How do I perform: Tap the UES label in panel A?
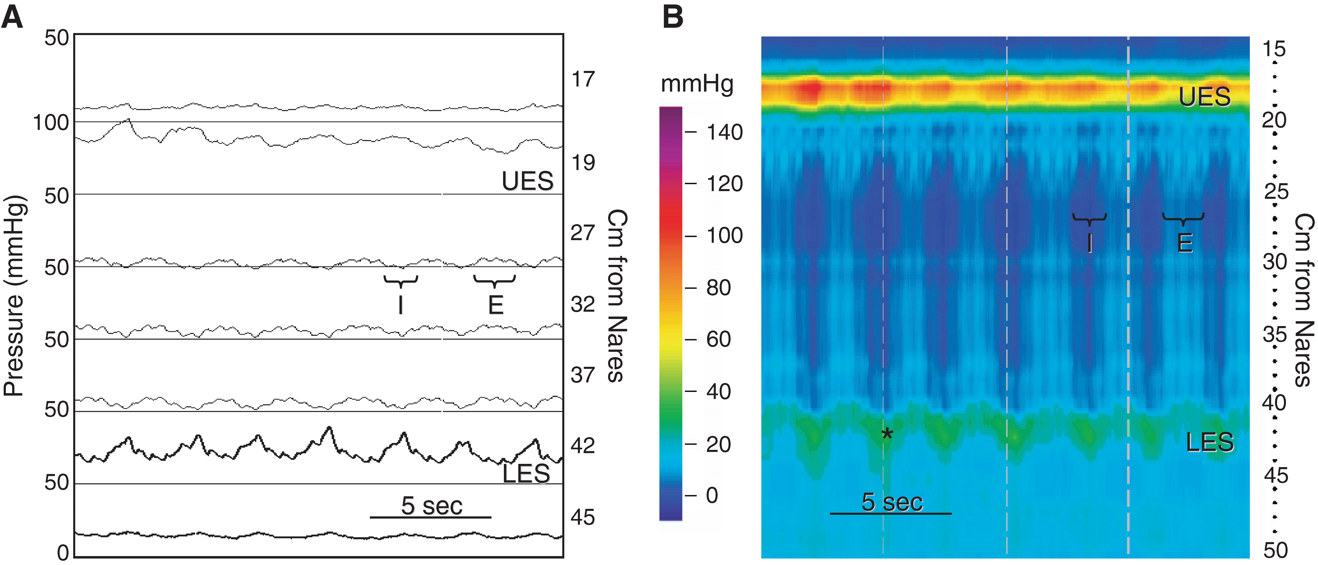pyautogui.click(x=528, y=181)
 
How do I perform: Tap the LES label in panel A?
pyautogui.click(x=526, y=473)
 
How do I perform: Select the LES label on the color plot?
pyautogui.click(x=1210, y=442)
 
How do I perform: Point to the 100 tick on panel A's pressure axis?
pyautogui.click(x=51, y=123)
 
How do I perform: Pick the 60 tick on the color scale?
pyautogui.click(x=718, y=339)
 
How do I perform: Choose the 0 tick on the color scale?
pyautogui.click(x=712, y=495)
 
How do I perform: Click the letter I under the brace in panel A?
pyautogui.click(x=401, y=305)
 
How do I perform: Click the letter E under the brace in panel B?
pyautogui.click(x=1185, y=243)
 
